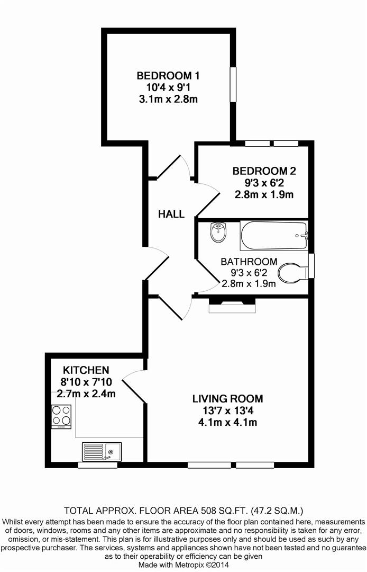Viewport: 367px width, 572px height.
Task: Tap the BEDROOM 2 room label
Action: click(x=264, y=171)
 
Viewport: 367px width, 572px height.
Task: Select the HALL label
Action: click(x=171, y=214)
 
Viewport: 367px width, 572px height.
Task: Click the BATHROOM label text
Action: click(x=249, y=262)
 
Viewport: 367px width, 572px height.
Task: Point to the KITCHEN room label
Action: click(x=86, y=370)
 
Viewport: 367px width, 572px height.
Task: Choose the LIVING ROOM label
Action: click(x=227, y=398)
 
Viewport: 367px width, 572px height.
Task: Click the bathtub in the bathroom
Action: click(x=273, y=236)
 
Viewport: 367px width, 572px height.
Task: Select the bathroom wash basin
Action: click(x=218, y=231)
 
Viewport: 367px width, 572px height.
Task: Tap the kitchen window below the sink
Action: click(x=97, y=465)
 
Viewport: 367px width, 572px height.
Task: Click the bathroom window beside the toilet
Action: click(x=311, y=265)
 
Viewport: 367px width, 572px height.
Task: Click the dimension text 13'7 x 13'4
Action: click(x=227, y=410)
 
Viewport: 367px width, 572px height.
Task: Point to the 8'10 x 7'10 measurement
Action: click(x=86, y=382)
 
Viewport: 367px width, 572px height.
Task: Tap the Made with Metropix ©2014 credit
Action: click(x=183, y=565)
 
